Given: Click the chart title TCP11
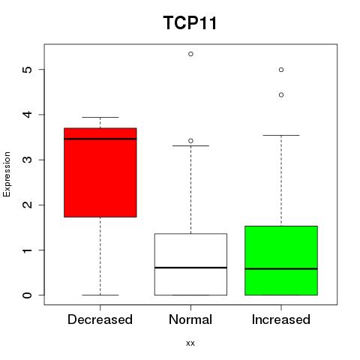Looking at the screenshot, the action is [190, 22].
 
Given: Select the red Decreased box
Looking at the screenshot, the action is [100, 172].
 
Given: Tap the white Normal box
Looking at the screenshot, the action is [190, 265].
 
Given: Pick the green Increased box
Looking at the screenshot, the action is [281, 260].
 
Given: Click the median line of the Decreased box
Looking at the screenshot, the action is [100, 139].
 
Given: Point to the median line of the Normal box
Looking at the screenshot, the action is [190, 268].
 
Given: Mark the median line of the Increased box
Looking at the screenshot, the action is [281, 269].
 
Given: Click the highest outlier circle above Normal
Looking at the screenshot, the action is [190, 54].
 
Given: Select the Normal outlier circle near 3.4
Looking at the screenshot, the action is [190, 141].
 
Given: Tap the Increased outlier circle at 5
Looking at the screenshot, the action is [281, 70].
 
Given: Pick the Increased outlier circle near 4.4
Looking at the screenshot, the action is [281, 95].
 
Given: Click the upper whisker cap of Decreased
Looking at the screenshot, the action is [100, 117].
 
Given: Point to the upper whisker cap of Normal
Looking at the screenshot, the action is [190, 145].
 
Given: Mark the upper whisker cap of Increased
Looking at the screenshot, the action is [281, 135].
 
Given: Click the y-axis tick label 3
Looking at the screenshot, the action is [28, 160].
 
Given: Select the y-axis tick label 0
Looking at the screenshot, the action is [28, 295].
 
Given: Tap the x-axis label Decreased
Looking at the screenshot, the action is [100, 319].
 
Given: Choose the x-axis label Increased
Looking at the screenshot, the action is [281, 319].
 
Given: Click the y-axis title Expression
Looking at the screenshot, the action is [7, 174].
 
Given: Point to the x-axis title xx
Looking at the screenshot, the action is [190, 343].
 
